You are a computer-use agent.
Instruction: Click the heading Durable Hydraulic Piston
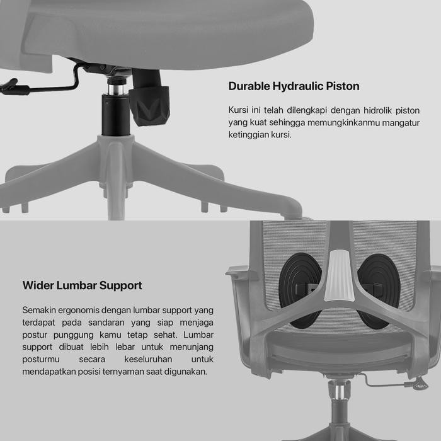coord(294,86)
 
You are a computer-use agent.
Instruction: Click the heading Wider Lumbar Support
coord(83,285)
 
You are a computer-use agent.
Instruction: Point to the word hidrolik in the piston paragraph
coord(358,110)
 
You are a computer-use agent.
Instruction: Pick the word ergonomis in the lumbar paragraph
coord(78,310)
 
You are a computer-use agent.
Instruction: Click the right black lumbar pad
coord(378,290)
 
